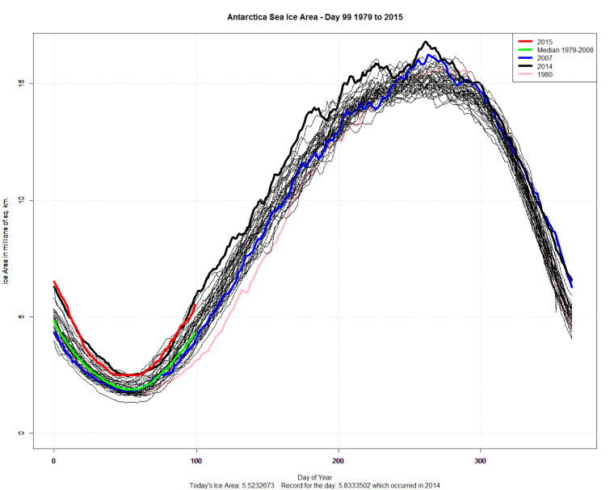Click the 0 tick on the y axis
pos(23,433)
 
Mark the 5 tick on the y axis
pos(23,317)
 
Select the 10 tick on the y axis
pos(23,200)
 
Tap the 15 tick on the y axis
pos(23,84)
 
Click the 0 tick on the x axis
pos(53,461)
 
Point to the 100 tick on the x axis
pos(196,461)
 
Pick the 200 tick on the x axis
pos(339,461)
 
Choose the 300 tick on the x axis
pos(481,461)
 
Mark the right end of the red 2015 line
pos(195,304)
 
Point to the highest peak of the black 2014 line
pos(426,42)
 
